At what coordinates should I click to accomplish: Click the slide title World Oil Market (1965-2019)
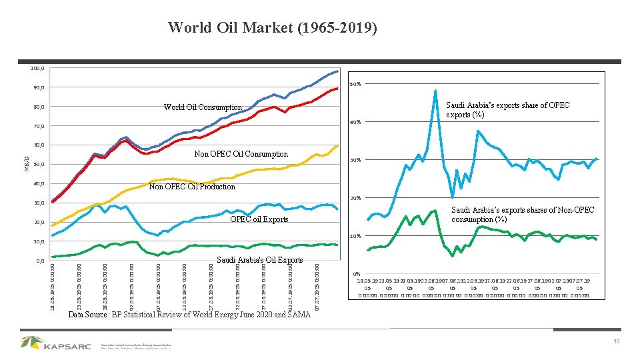pos(272,28)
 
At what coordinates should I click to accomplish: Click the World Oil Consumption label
pos(203,107)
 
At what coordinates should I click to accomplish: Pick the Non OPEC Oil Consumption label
pos(241,154)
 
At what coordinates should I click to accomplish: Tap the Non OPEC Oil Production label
pos(192,187)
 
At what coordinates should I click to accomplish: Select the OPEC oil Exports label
pos(259,219)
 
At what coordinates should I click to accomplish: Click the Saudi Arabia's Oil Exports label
pos(260,260)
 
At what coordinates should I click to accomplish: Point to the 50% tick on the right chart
pos(356,85)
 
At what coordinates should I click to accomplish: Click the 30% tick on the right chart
pos(356,160)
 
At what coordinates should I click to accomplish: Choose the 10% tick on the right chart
pos(356,237)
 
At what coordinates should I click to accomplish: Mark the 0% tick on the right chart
pos(357,274)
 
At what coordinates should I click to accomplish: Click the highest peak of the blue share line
pos(435,91)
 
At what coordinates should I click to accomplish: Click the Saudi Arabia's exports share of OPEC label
pos(507,110)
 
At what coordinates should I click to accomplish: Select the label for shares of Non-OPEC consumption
pos(523,215)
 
